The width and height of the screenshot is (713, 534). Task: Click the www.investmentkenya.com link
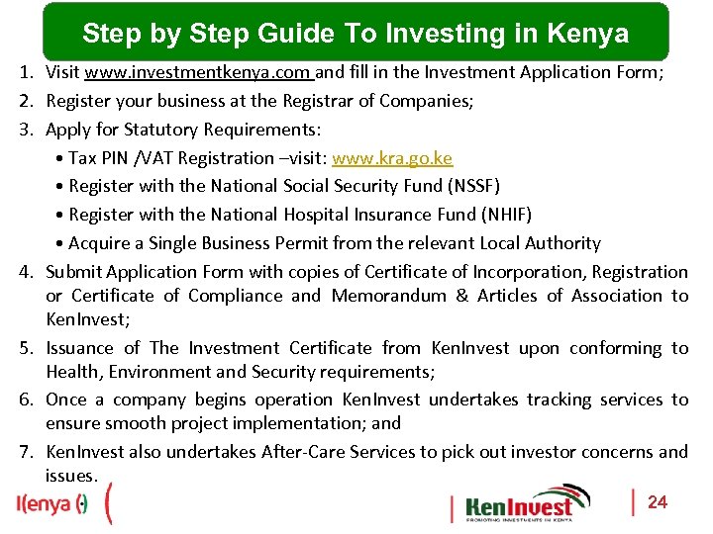pyautogui.click(x=198, y=72)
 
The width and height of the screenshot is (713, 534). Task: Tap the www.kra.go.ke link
pyautogui.click(x=392, y=158)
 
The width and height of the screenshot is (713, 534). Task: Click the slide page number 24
pyautogui.click(x=658, y=502)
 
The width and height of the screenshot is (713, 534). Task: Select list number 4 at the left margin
pyautogui.click(x=27, y=272)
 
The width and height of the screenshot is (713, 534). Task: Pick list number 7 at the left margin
pyautogui.click(x=27, y=452)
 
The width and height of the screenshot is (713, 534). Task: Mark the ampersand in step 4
pyautogui.click(x=462, y=296)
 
